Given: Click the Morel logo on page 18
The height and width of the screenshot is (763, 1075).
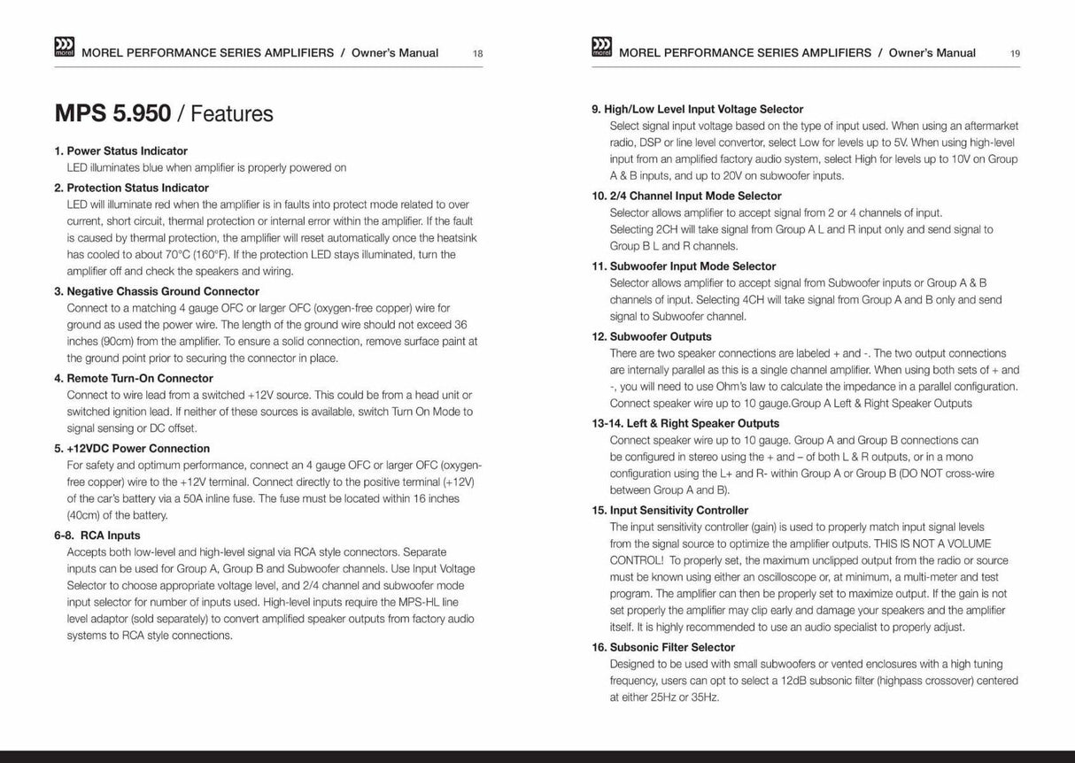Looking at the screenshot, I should (x=65, y=48).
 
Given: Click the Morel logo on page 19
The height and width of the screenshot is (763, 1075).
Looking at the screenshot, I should (x=599, y=48).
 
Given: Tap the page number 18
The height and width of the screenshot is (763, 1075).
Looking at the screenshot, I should (x=478, y=54).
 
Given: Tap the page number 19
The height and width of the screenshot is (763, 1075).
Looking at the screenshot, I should (x=1015, y=54).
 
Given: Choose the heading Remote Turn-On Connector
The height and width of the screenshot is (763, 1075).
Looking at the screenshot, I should (x=134, y=378).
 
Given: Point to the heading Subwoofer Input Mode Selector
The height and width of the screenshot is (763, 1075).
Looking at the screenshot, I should (x=689, y=266).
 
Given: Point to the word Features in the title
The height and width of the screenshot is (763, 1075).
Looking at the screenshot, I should (x=232, y=114).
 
